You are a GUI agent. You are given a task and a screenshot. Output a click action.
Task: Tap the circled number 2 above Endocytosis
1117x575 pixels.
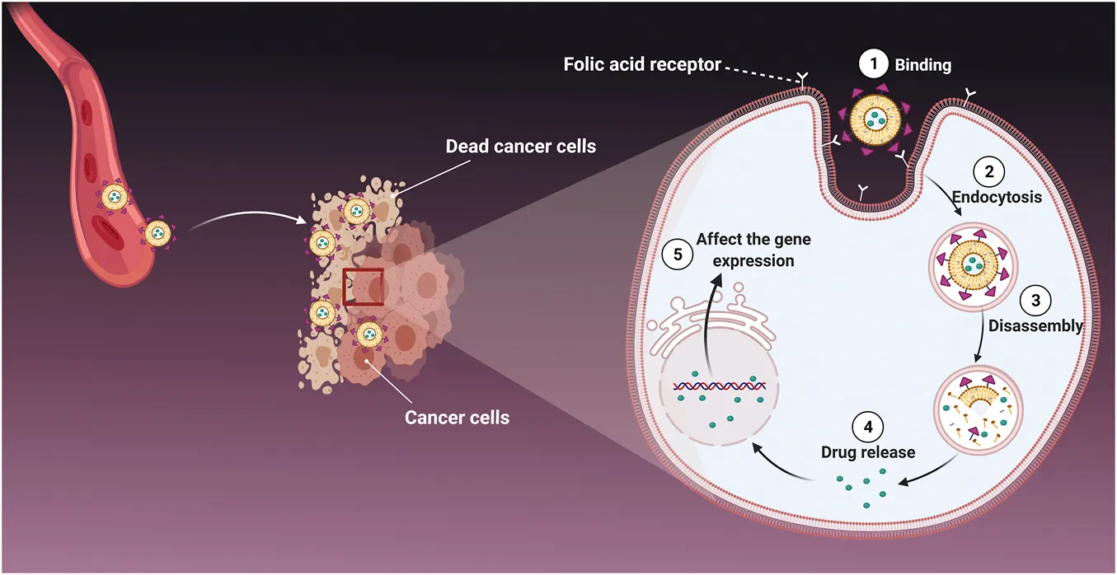[986, 173]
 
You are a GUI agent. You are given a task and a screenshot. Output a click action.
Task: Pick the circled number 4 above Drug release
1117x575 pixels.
[868, 428]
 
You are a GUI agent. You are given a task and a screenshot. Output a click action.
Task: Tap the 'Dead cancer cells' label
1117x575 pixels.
[521, 147]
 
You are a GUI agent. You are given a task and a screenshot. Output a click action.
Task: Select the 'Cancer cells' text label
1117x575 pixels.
[457, 418]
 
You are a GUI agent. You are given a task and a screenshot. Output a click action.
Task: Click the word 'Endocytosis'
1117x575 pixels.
[997, 198]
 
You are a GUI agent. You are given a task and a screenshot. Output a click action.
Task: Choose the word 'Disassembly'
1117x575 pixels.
[1035, 325]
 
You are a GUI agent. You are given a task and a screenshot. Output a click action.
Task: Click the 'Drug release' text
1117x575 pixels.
[868, 452]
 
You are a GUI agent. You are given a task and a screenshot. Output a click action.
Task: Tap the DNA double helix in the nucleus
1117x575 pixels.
[715, 385]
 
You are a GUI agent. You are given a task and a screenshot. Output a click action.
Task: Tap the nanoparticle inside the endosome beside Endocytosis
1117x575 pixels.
[974, 267]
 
